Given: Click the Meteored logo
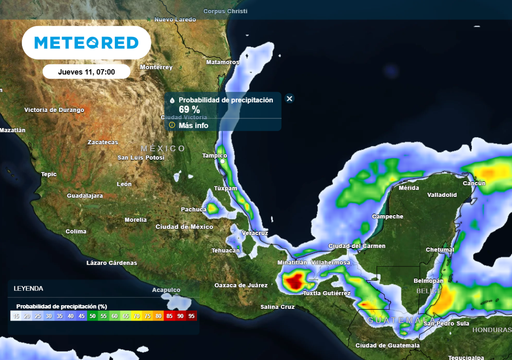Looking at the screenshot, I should [86, 43].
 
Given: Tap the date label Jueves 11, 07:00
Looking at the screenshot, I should [86, 72].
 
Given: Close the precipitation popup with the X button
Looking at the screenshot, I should [289, 99].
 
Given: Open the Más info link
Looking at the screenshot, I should [193, 125].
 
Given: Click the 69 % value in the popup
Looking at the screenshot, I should [189, 110].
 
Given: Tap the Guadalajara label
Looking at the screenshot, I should [85, 196].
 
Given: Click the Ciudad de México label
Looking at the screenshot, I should [184, 227].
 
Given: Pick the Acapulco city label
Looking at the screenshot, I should [166, 290].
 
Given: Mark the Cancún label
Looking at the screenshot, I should [474, 183].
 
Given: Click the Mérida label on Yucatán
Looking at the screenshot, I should [408, 187].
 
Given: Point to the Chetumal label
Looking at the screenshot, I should [440, 250].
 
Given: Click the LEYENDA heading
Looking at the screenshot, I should [28, 288].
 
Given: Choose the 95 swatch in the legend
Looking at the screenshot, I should [190, 315].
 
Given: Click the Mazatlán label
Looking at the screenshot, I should [13, 130].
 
